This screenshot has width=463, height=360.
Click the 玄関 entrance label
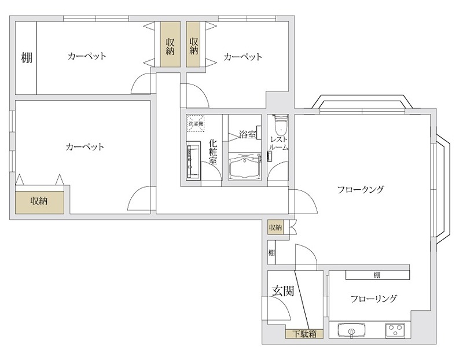coord(282,291)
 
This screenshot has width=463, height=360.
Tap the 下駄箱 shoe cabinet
coord(303,333)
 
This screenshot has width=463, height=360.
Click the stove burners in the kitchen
coord(396,331)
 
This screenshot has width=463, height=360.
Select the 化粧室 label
coord(213,152)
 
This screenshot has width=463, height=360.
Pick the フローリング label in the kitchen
coord(373,299)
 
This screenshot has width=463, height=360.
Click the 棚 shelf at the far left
coord(26,57)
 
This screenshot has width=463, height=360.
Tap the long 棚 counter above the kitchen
coord(377,274)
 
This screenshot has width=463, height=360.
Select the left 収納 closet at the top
coord(170,46)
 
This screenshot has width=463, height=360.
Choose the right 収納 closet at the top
coord(194,46)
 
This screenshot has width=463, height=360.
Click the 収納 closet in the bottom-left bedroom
coord(39,201)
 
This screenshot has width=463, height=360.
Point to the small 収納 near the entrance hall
coord(275,227)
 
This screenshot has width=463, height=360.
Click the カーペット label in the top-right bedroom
coord(242,57)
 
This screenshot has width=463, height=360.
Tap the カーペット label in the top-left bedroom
coord(87,56)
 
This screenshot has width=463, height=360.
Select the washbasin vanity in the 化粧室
coord(192,162)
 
